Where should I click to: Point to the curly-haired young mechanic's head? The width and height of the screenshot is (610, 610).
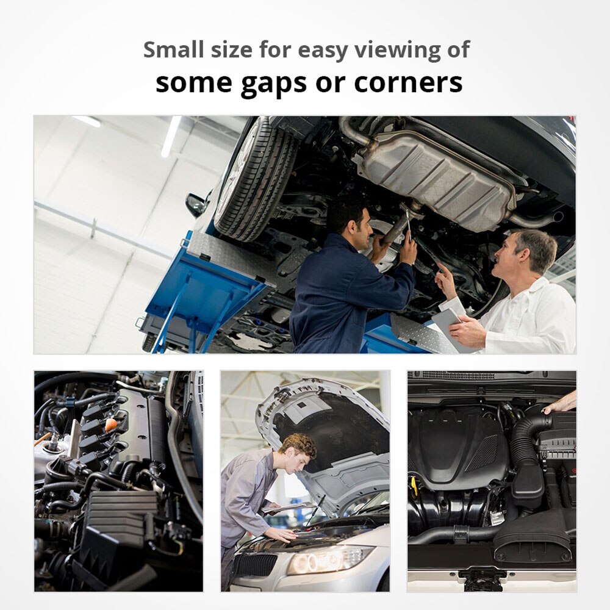(298, 452)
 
